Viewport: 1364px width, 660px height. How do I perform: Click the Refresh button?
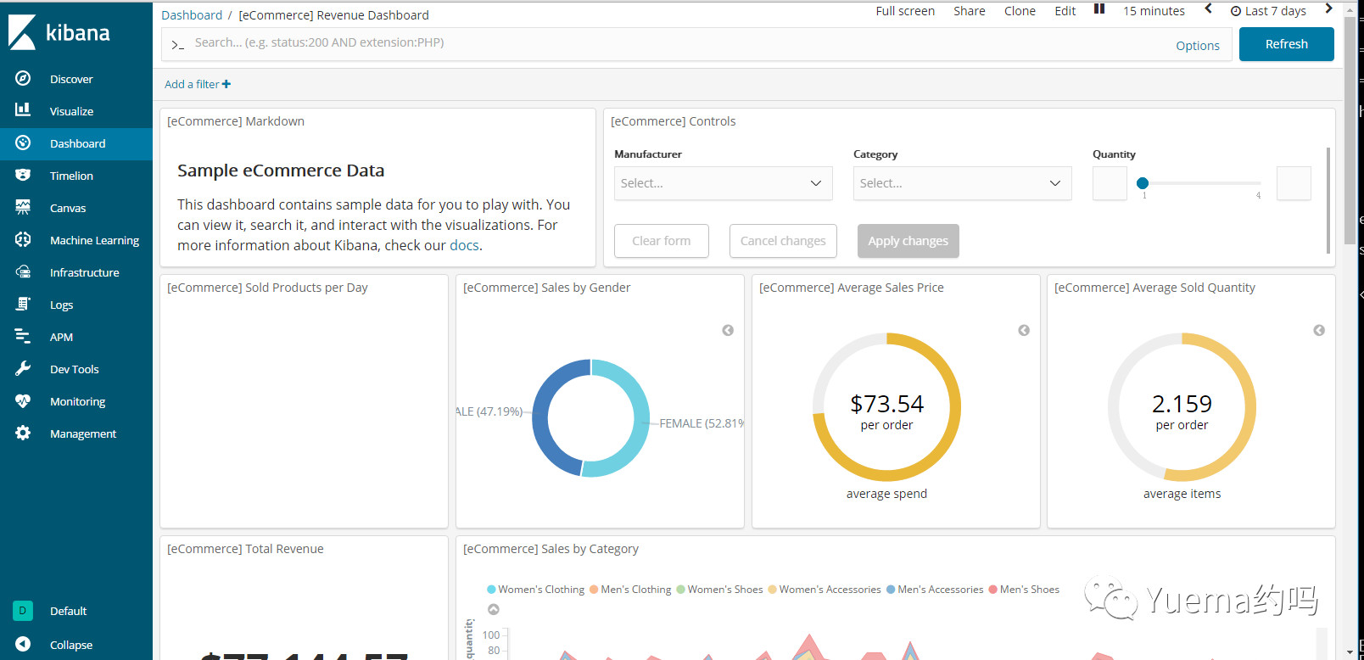(x=1286, y=44)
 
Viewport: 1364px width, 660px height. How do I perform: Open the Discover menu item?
(x=71, y=79)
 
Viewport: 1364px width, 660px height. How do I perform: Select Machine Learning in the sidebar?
(x=94, y=240)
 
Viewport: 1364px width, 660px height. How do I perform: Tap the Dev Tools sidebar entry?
(x=74, y=369)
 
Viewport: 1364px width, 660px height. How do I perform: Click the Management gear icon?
(x=23, y=433)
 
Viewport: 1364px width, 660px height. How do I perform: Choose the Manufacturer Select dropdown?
(x=723, y=183)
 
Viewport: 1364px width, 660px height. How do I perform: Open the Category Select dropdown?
(x=962, y=183)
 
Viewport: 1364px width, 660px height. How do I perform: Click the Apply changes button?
(x=908, y=241)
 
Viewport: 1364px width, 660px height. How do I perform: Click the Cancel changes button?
(x=783, y=241)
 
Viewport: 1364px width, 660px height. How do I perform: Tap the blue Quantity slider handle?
(x=1143, y=183)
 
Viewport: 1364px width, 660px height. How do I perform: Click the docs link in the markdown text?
(x=464, y=245)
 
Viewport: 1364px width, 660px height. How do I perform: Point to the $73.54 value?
(x=886, y=404)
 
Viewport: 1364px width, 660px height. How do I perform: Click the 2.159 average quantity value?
(x=1182, y=404)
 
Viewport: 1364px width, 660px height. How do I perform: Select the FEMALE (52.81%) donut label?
(x=702, y=423)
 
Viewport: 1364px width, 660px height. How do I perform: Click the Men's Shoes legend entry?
(x=1029, y=590)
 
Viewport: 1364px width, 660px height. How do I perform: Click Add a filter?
(x=198, y=84)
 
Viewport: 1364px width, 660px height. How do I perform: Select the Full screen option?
(x=905, y=11)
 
